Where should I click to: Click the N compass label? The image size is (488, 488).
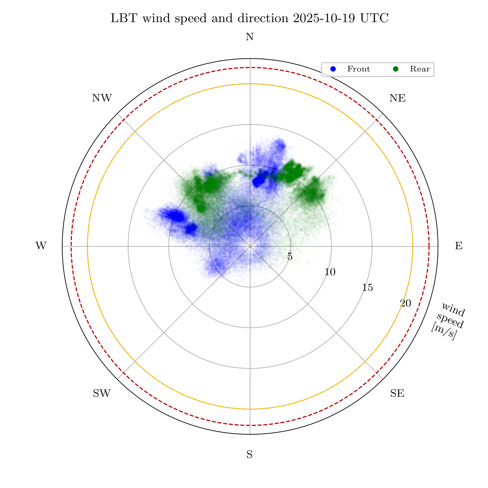250,37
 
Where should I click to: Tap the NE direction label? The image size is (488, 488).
397,98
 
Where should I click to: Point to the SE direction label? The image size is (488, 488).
397,393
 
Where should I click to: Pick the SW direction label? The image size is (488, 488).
102,393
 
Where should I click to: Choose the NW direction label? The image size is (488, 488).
102,98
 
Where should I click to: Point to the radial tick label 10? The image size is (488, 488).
330,272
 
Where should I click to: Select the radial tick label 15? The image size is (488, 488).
367,287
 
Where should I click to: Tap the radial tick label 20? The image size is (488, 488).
406,303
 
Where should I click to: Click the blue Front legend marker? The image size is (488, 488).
333,69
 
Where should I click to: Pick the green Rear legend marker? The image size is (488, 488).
396,69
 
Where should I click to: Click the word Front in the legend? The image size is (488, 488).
358,69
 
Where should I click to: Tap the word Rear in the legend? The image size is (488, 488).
420,69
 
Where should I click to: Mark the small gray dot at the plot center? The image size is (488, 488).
250,246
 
